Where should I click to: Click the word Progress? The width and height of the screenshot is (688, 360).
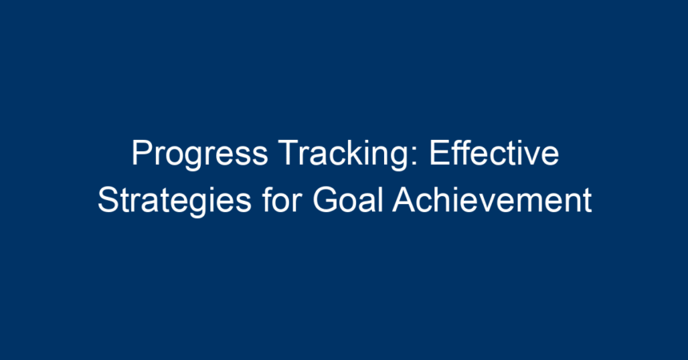pos(200,155)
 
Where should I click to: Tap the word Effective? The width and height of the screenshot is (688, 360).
pos(494,153)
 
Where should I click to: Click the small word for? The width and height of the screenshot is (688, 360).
pos(282,199)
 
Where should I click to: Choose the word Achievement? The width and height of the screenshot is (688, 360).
pos(492,200)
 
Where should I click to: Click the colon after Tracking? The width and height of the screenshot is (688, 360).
pos(414,157)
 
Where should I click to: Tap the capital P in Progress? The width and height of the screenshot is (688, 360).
pos(142,153)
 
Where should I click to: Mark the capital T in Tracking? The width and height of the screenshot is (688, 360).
pos(289,153)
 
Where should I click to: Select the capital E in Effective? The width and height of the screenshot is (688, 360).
pos(439,153)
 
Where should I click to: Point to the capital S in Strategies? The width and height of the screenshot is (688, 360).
pos(108,200)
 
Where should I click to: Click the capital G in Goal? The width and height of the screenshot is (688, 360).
pos(326,200)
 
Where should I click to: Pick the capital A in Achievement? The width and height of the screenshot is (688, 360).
pos(405,199)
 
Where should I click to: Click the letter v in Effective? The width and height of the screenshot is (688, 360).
pos(530,157)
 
